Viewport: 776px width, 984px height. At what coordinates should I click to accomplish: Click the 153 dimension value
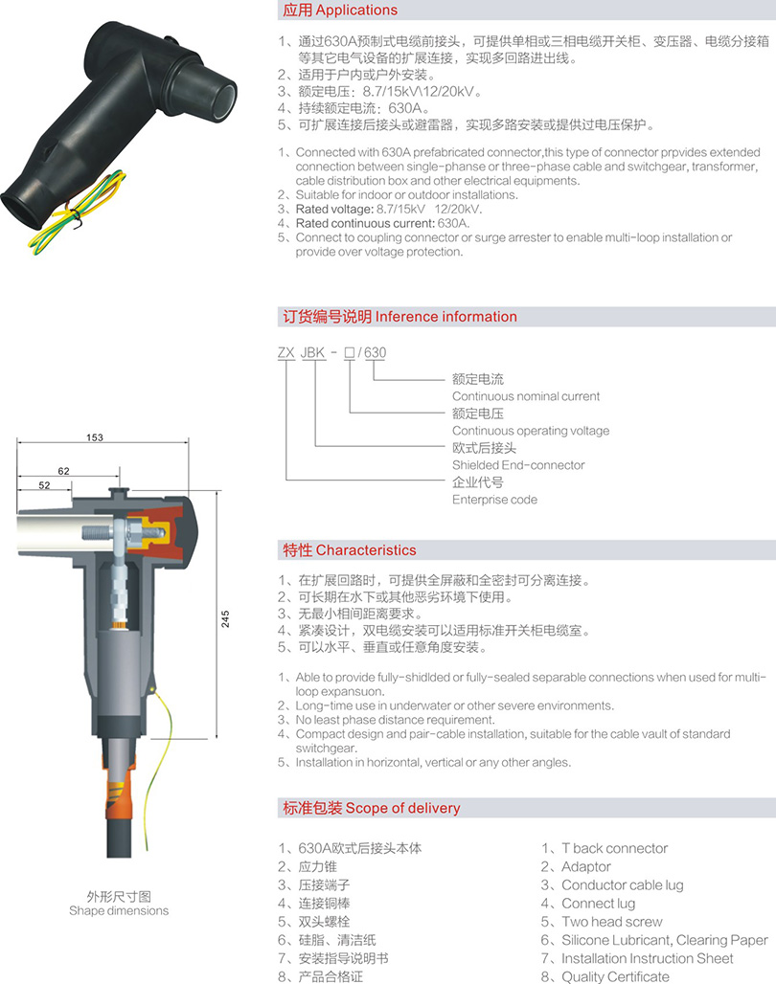point(95,437)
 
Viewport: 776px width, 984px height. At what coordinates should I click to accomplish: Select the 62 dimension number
point(63,471)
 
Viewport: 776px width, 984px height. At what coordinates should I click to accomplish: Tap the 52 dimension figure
point(44,485)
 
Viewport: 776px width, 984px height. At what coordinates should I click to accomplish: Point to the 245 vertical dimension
point(225,618)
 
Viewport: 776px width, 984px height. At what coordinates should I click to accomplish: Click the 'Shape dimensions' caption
point(119,910)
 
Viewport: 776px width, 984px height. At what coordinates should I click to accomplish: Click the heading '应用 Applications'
point(340,10)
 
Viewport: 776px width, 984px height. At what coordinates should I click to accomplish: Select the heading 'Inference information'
point(446,316)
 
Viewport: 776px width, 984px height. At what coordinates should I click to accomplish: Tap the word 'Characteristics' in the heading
point(366,550)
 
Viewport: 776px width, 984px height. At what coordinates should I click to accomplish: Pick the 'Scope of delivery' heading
point(402,808)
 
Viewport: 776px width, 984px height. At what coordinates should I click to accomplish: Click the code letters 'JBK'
point(313,352)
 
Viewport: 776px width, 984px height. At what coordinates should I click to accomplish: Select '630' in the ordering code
point(376,352)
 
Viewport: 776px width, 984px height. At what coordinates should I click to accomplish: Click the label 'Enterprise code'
point(494,500)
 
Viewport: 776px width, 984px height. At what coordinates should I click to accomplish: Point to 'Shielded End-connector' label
point(518,465)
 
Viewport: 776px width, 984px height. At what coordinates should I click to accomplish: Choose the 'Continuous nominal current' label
point(526,396)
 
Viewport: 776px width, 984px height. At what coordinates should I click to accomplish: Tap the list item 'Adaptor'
point(585,866)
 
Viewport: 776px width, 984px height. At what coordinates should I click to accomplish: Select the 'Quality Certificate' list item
point(615,976)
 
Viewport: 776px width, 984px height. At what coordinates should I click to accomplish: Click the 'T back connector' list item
point(614,848)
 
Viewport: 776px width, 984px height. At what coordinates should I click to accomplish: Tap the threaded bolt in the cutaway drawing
point(98,533)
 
